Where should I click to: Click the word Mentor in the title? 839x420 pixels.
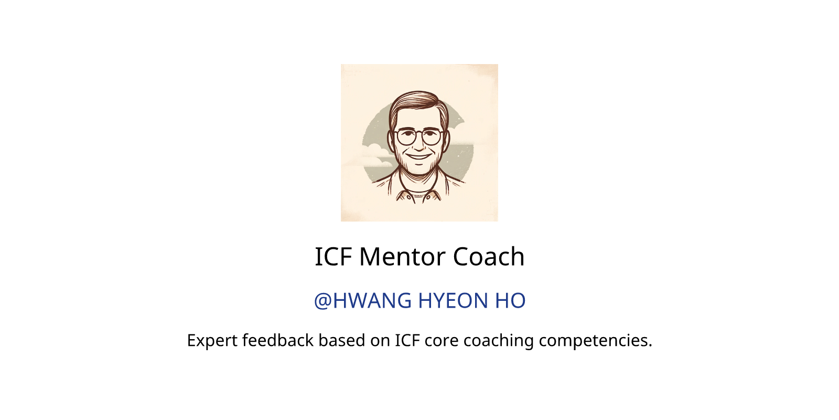[402, 257]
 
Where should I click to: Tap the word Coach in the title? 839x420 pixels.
[489, 257]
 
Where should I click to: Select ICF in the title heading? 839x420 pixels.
[333, 257]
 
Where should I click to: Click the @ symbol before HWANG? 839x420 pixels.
[323, 301]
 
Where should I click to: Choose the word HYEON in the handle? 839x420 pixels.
[453, 301]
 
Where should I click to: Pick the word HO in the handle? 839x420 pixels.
[510, 301]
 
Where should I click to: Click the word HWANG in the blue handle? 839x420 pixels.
[372, 301]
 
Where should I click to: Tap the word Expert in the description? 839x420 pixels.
[212, 341]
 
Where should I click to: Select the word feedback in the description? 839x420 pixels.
[277, 340]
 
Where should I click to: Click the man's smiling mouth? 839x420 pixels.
[418, 156]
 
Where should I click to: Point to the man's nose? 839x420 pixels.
[419, 144]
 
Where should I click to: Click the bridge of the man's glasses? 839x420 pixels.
[419, 133]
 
